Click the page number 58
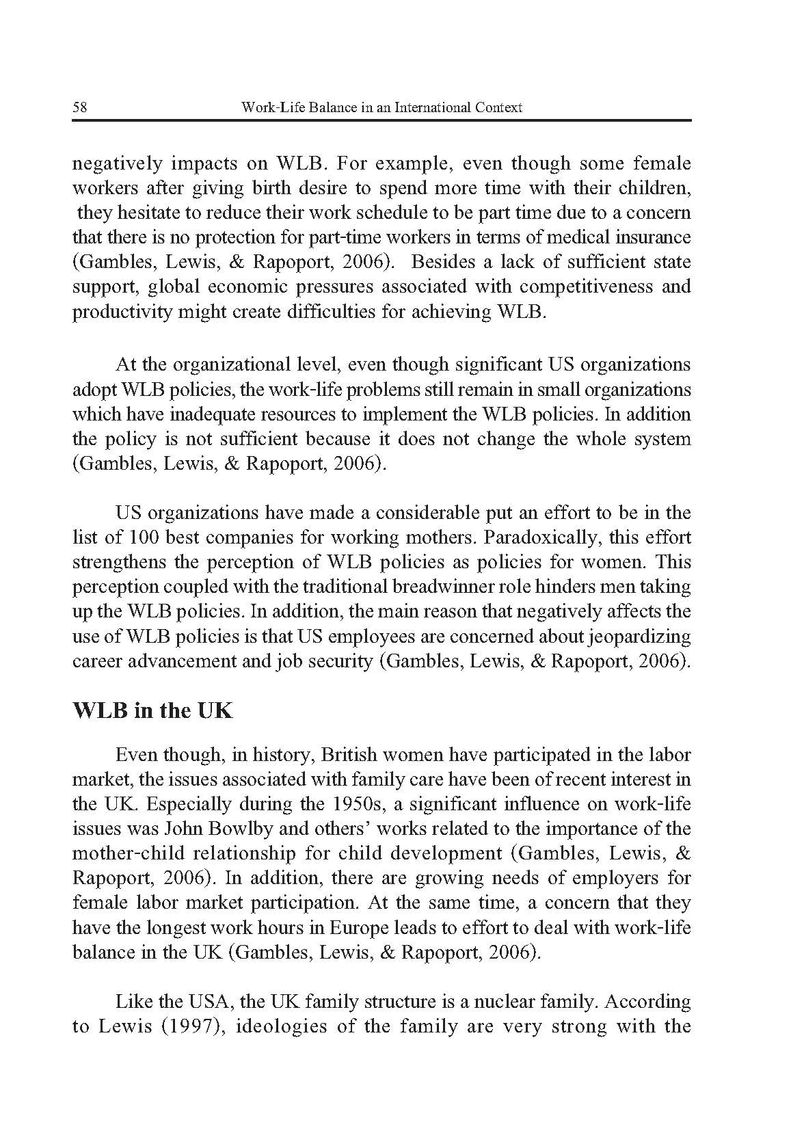(78, 107)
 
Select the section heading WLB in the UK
(152, 710)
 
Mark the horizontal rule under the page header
(381, 121)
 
